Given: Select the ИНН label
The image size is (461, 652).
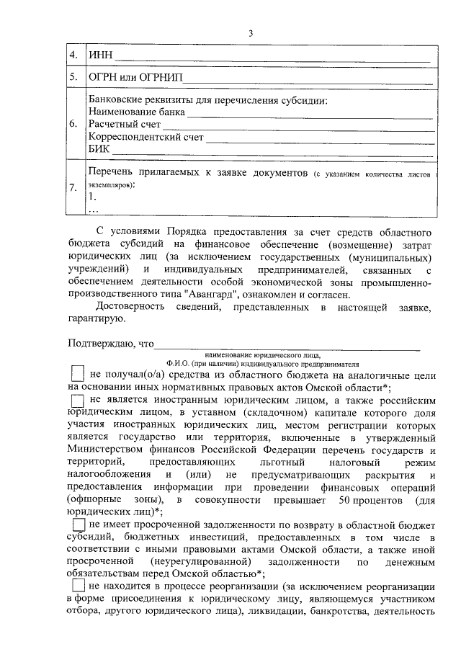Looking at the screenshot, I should point(99,55).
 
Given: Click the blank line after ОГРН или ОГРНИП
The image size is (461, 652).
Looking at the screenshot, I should point(310,77).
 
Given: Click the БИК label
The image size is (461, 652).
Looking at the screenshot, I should point(99,149).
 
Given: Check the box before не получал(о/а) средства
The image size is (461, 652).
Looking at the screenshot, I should point(78,375).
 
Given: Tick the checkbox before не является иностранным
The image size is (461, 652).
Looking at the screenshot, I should point(78,400).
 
